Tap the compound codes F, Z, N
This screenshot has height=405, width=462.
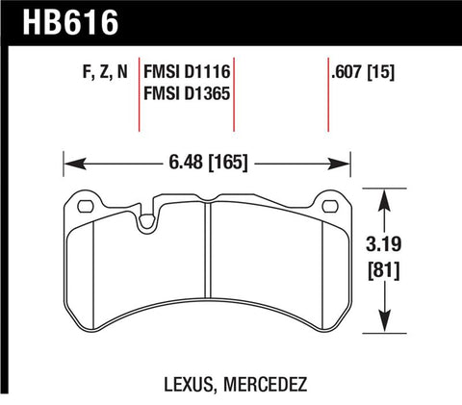[x=97, y=71]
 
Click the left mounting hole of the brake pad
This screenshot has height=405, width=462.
[x=83, y=204]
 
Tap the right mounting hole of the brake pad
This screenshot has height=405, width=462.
[x=332, y=204]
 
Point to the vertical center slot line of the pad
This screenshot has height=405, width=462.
[x=208, y=269]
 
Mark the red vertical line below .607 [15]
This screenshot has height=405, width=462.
[x=329, y=106]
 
